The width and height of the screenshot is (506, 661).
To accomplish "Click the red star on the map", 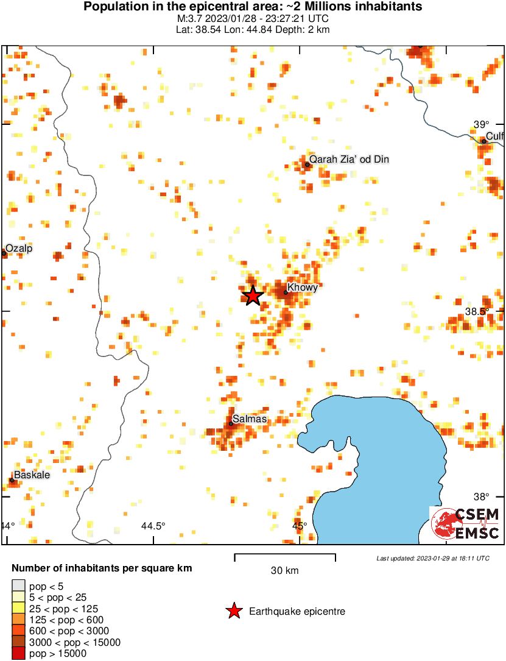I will [x=253, y=295].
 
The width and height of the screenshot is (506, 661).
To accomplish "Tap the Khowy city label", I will [x=302, y=288].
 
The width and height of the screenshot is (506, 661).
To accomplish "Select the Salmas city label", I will [x=250, y=419].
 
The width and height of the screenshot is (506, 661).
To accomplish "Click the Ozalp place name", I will [x=19, y=249].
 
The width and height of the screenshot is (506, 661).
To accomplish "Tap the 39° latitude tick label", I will [x=482, y=124].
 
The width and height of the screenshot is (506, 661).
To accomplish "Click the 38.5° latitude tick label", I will [x=477, y=311].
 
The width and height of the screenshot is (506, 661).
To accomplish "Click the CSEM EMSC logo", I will [x=465, y=523].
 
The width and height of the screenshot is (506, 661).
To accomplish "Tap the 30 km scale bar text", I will [x=284, y=571].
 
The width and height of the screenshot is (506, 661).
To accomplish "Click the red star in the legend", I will [x=233, y=611].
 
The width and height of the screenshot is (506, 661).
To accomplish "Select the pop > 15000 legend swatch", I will [x=18, y=654].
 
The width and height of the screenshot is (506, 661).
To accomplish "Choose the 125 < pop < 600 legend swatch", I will [x=18, y=620].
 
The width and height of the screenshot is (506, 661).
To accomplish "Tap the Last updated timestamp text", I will [x=432, y=558].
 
